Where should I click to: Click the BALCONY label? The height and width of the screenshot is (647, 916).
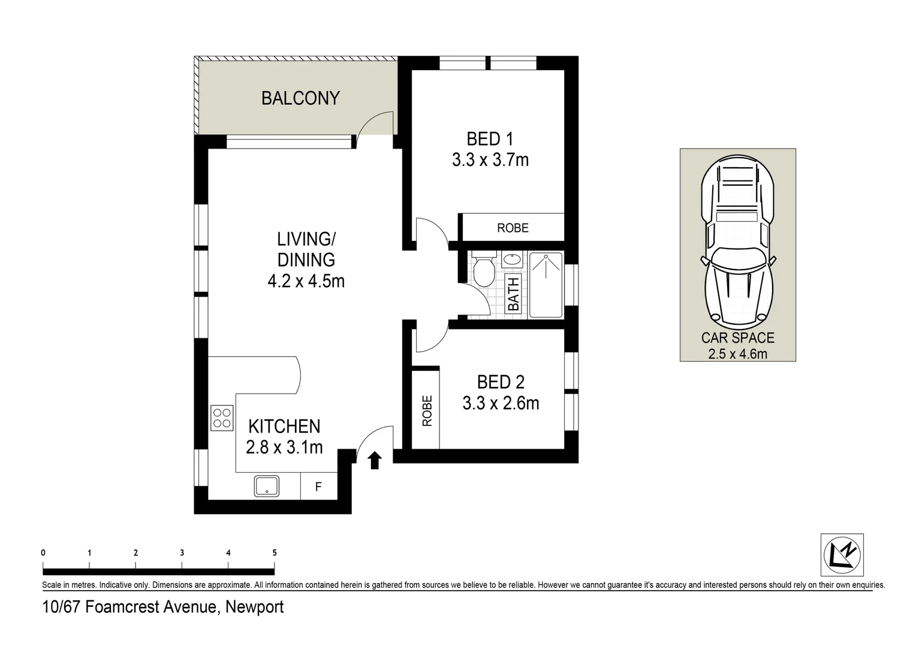click(x=300, y=98)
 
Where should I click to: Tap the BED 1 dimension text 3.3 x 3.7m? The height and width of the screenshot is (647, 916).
click(x=490, y=160)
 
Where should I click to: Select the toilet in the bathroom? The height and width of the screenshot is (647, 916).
click(x=484, y=269)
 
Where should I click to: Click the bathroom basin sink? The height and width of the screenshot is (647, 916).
click(x=511, y=259)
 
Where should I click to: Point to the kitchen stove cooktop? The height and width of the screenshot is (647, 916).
click(x=222, y=418)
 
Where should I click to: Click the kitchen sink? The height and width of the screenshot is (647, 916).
click(x=267, y=486)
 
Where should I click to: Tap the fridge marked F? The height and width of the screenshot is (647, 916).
click(x=319, y=486)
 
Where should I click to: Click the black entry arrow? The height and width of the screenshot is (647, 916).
click(x=375, y=460)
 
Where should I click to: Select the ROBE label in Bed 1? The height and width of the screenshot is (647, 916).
click(x=513, y=228)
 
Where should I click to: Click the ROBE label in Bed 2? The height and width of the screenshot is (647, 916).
click(x=427, y=411)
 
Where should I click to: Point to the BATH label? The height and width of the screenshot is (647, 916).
click(x=513, y=294)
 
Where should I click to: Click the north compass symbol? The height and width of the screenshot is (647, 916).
click(x=842, y=555)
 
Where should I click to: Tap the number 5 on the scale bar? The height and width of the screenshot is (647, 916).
click(x=275, y=552)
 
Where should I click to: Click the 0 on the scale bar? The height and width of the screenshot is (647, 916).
click(x=43, y=552)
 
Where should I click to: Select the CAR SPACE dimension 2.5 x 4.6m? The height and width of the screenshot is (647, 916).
click(x=738, y=353)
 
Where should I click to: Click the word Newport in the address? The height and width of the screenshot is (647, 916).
click(x=254, y=607)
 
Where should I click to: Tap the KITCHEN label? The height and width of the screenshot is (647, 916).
click(x=284, y=427)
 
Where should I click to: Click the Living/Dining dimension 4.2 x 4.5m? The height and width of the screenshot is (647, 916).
click(x=306, y=281)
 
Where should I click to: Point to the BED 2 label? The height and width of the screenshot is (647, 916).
click(x=501, y=382)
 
